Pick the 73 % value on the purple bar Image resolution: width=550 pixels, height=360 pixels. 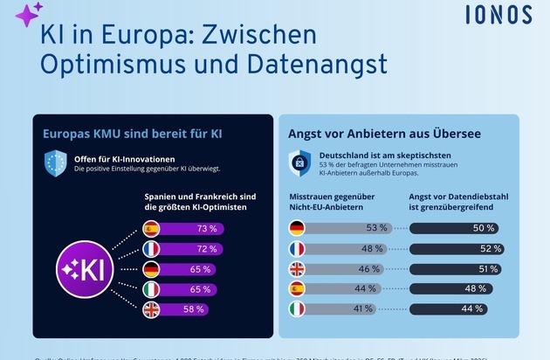207,229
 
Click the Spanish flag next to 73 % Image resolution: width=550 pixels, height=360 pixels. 152,229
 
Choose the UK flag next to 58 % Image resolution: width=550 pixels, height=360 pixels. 152,308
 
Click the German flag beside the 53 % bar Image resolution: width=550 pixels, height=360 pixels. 298,229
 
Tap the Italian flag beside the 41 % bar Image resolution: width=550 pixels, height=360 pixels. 298,308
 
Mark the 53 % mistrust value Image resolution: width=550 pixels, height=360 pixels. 376,229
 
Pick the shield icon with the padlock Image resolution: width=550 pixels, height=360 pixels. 299,163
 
